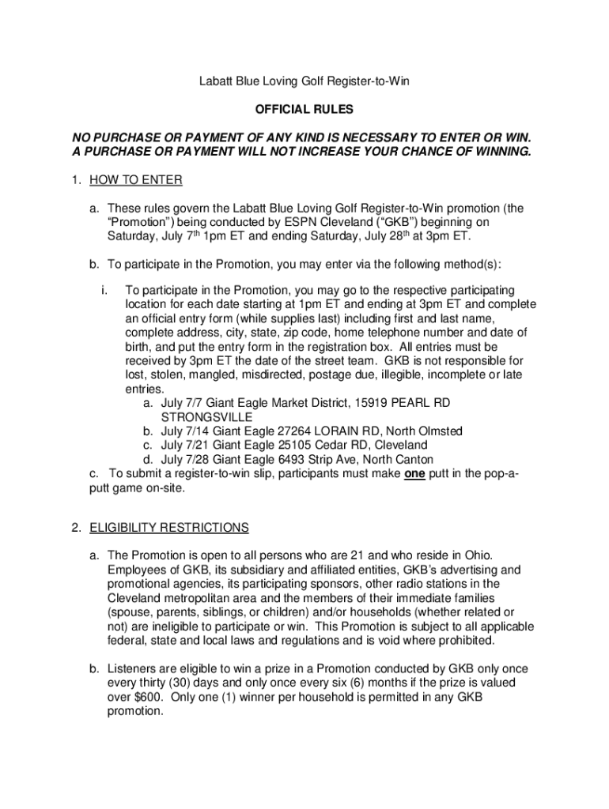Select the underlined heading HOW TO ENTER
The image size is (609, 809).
click(136, 180)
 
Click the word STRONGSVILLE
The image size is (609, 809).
click(207, 416)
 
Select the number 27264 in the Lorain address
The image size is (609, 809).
click(289, 431)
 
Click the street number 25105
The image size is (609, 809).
click(289, 446)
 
